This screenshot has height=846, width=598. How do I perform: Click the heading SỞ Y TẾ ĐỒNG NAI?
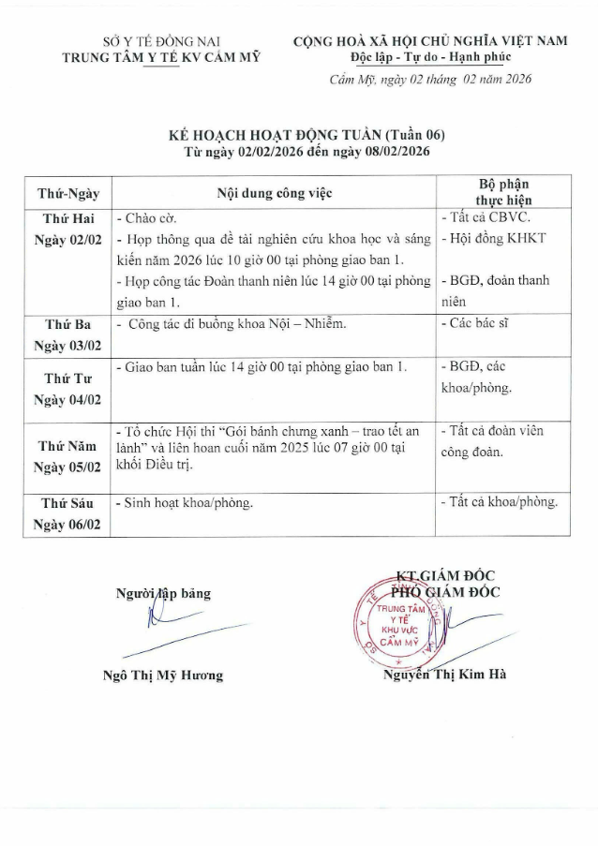[x=160, y=41]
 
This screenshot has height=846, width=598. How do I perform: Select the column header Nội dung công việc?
[x=275, y=194]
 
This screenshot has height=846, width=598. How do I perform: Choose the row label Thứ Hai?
[x=68, y=218]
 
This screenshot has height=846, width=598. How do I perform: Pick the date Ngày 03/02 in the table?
[x=67, y=345]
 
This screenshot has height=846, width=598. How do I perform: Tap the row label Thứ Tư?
[x=67, y=378]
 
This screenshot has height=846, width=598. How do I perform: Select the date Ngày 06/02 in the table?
[x=67, y=525]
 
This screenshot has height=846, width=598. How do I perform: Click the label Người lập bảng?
[x=163, y=593]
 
